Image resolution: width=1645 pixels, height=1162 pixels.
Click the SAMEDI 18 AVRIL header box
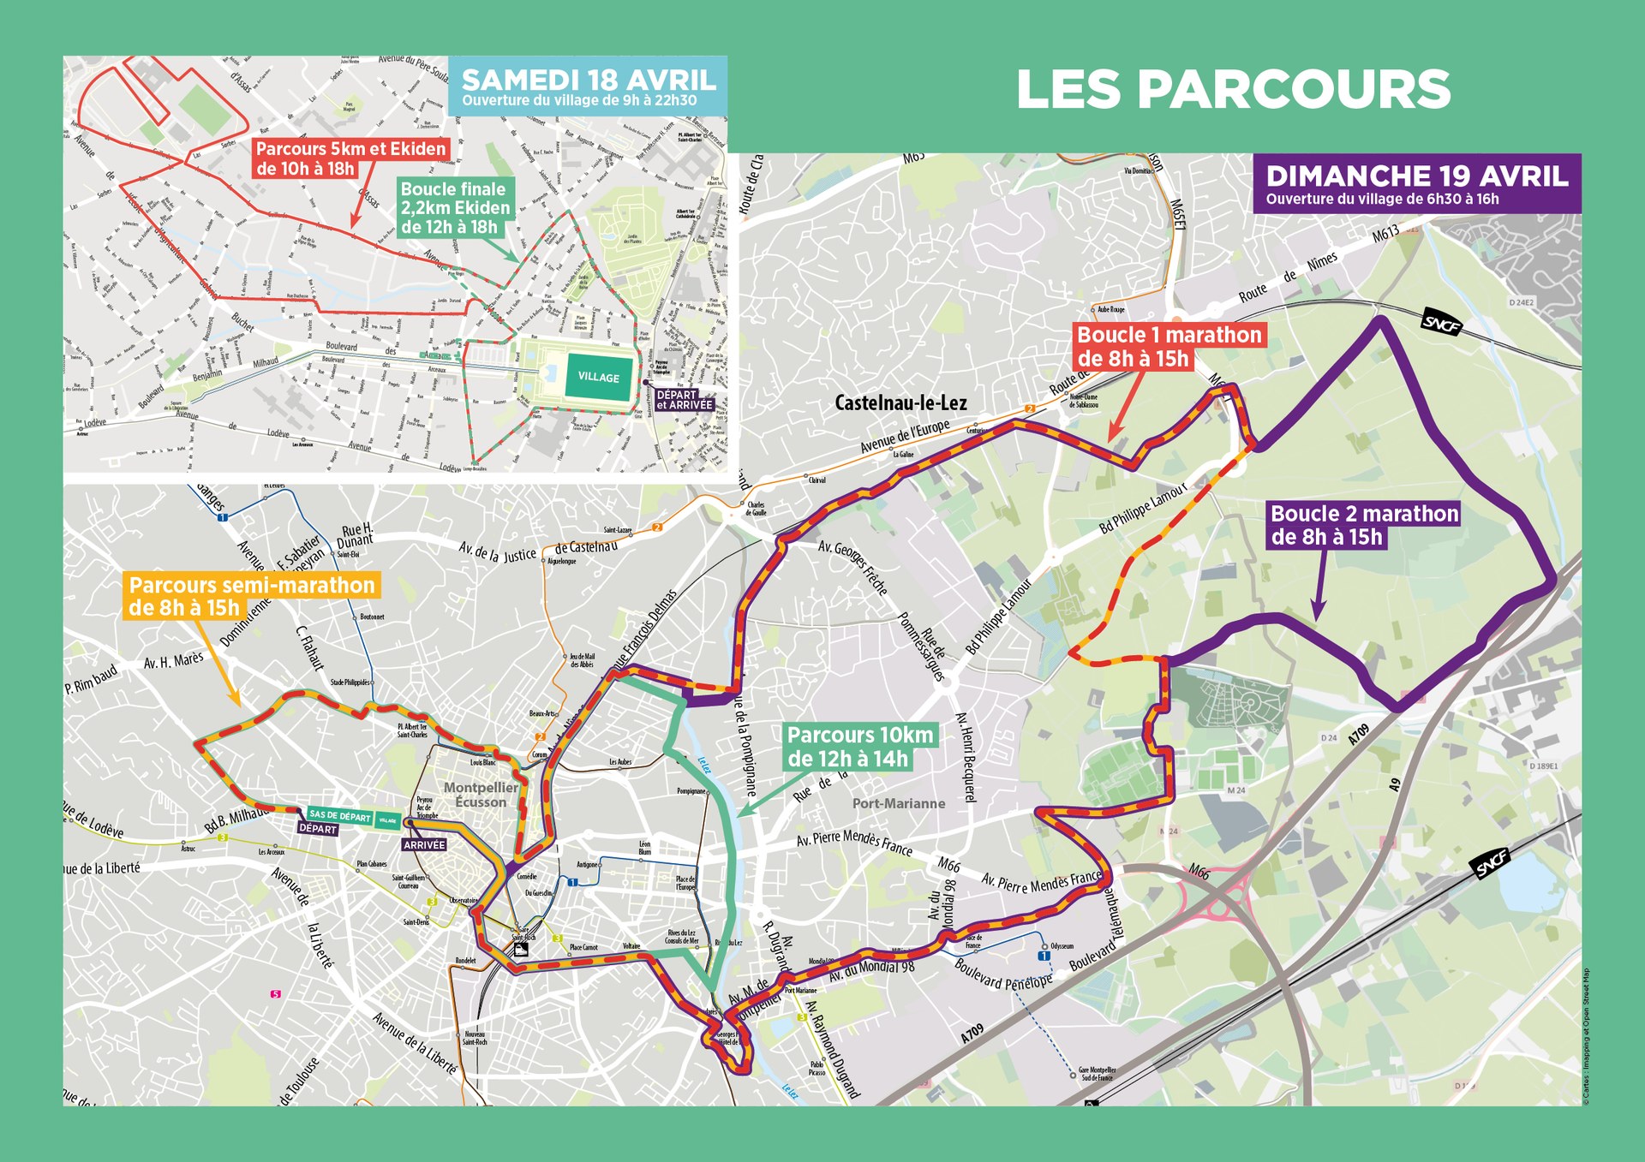pos(588,86)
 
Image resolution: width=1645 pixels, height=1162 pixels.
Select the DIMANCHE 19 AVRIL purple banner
pos(1416,183)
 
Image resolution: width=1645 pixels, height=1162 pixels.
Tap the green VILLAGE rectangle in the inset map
pos(598,378)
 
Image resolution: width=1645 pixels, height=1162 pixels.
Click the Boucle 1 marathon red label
pos(1169,346)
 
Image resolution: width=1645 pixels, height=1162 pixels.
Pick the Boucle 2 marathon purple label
pos(1363,525)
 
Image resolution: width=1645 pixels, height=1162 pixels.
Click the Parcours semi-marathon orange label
pos(251,596)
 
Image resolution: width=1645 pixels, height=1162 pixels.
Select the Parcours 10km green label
pos(859,747)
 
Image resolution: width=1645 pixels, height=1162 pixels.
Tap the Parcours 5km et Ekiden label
pos(350,158)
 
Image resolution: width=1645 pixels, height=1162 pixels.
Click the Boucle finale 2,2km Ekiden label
pos(454,208)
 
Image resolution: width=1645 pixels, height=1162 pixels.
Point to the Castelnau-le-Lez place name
pos(900,403)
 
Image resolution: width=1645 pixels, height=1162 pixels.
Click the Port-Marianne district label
pos(899,803)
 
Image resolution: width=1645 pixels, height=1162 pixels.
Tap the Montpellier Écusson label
pos(481,795)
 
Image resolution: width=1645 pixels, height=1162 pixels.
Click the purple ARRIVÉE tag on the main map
pos(424,844)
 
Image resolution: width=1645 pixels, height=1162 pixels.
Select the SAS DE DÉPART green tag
pos(339,816)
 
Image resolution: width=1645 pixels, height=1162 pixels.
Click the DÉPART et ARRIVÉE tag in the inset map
pos(683,400)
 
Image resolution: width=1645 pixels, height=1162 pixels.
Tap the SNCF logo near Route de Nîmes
pos(1441,322)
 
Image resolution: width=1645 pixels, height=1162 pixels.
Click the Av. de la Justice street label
pos(497,553)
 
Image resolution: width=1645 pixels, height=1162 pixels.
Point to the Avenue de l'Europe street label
pos(905,436)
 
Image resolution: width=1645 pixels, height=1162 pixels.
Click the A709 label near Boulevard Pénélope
pos(972,1034)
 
